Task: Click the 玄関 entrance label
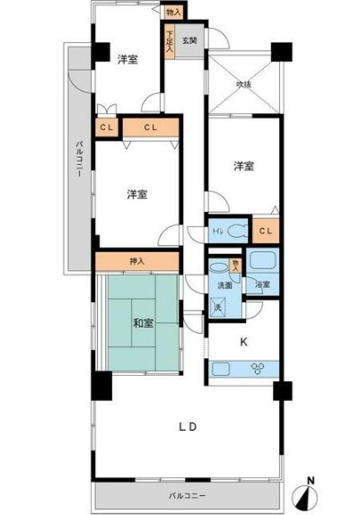[189, 40]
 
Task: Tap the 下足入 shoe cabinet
[168, 43]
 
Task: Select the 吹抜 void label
[242, 84]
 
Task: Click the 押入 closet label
[137, 261]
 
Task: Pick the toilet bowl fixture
[236, 231]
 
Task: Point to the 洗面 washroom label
[224, 285]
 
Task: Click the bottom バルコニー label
[186, 494]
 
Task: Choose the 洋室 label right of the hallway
[242, 165]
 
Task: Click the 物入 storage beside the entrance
[174, 12]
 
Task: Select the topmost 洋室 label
[127, 59]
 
